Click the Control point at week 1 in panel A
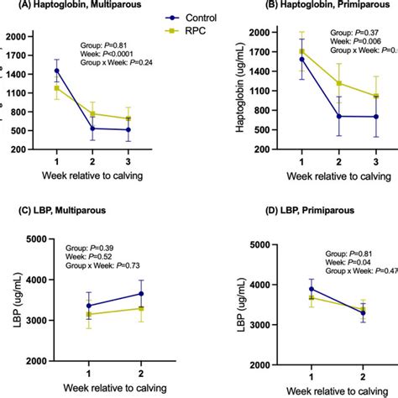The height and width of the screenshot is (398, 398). click(57, 71)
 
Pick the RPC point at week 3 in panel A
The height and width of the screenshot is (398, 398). click(128, 118)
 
